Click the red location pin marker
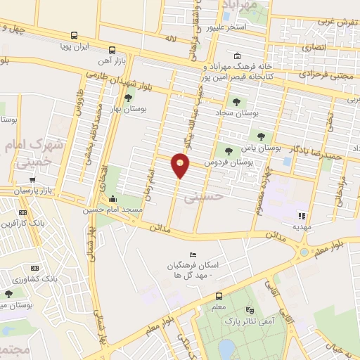click(x=181, y=166)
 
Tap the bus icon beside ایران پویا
click(x=112, y=50)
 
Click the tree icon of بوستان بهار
click(x=128, y=97)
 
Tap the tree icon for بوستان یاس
click(x=262, y=136)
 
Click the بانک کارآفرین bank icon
click(x=23, y=212)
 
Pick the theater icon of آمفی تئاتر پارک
click(x=249, y=310)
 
